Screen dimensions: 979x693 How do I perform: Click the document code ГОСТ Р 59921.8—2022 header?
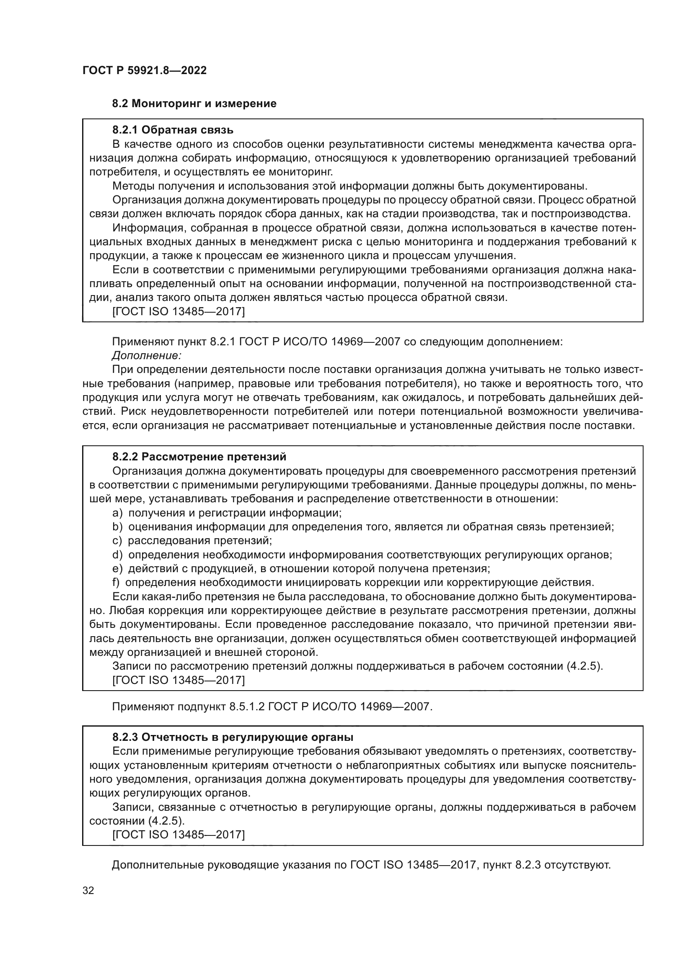[x=144, y=70]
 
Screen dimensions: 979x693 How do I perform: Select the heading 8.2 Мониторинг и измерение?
[x=194, y=103]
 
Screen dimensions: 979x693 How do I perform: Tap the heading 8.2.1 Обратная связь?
[x=172, y=130]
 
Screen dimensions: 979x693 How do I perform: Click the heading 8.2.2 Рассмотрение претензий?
[x=199, y=457]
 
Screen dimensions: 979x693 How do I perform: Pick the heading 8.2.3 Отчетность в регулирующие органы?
[x=233, y=737]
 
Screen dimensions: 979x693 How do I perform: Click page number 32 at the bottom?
[x=88, y=890]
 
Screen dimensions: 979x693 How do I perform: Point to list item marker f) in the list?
[x=116, y=583]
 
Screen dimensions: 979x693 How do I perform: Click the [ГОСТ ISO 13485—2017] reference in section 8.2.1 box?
[x=178, y=312]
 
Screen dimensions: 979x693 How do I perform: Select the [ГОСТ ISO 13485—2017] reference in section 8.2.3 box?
[x=178, y=835]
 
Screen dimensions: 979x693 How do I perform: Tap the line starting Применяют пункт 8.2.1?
[x=337, y=342]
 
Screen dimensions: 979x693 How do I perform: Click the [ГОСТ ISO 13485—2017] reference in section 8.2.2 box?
[x=178, y=680]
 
